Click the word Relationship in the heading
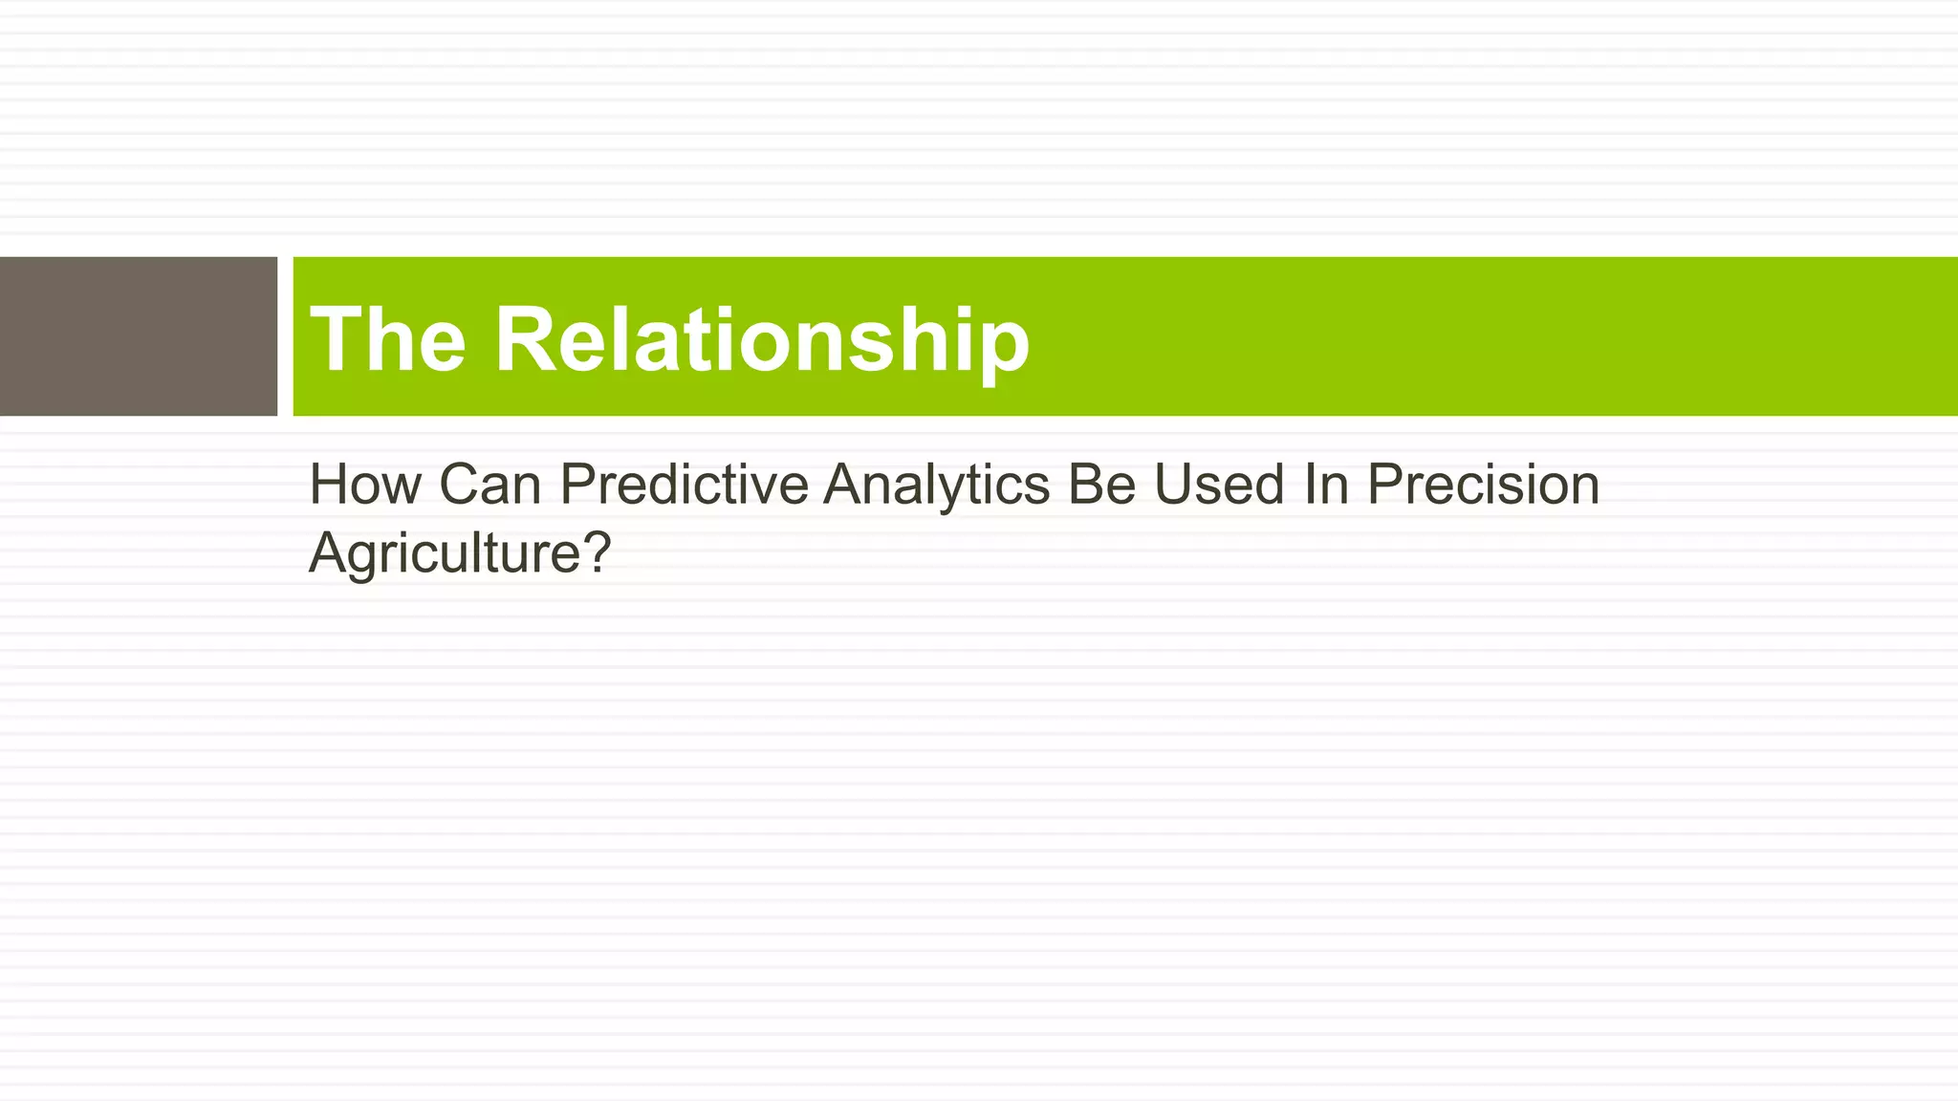[762, 341]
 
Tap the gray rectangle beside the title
[138, 336]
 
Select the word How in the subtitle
[364, 485]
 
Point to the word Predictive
[684, 485]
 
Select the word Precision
[1483, 485]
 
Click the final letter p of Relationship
[1003, 349]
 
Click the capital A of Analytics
[842, 485]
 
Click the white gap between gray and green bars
[285, 336]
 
